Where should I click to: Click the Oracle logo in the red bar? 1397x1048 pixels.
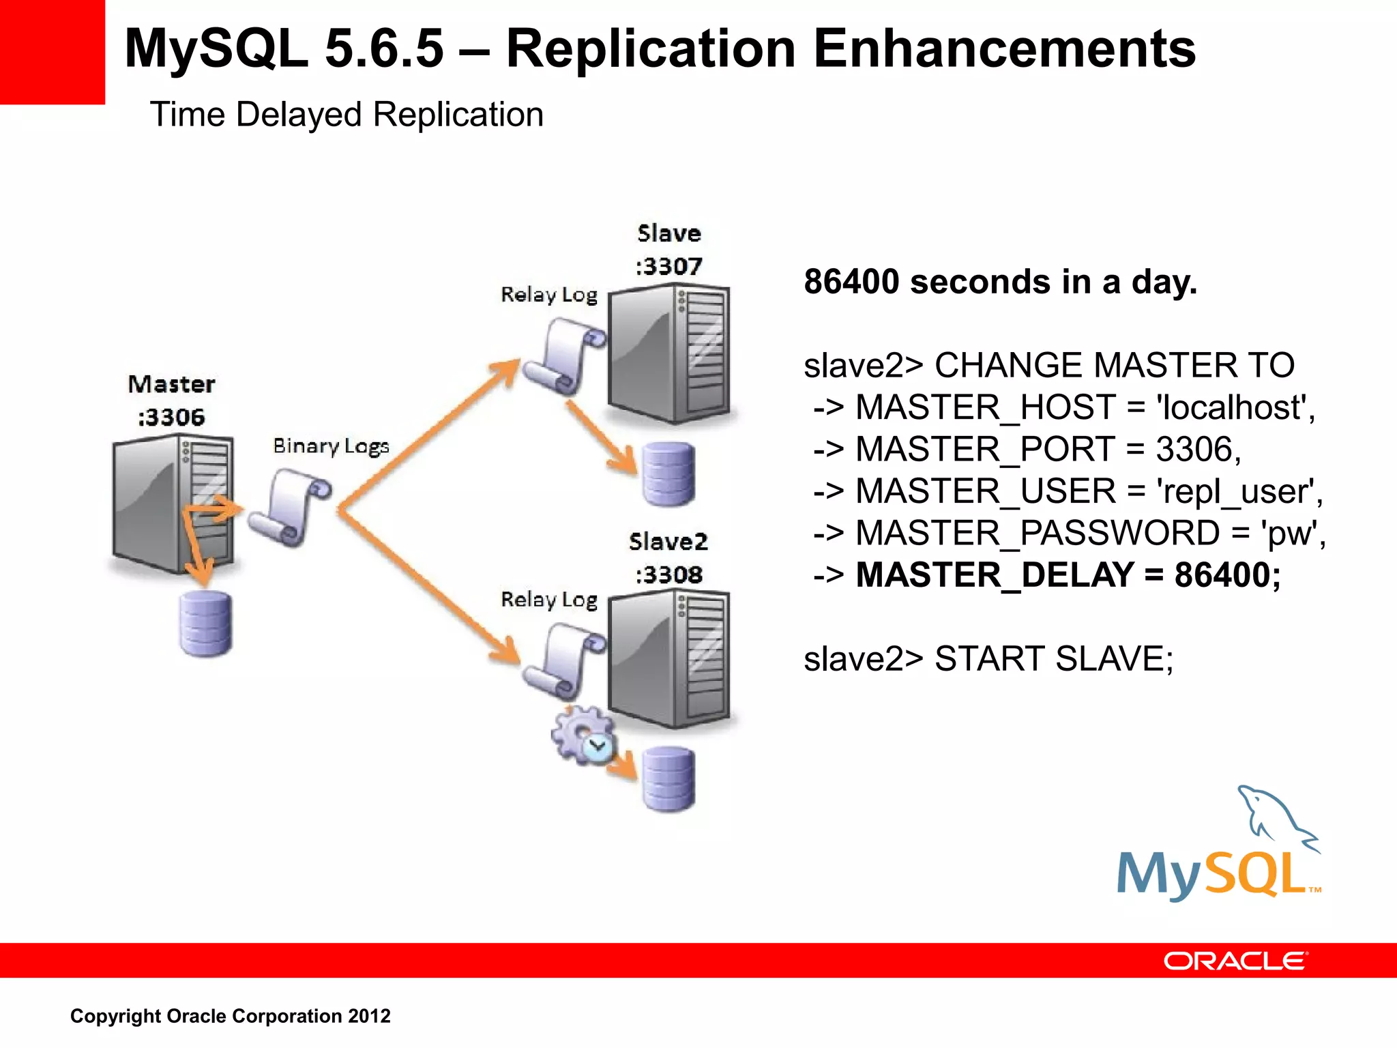pos(1235,961)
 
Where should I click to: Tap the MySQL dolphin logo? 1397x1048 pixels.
pos(1218,846)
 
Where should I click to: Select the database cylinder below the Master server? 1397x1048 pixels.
pos(205,624)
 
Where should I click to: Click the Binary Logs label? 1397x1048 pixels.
pos(331,446)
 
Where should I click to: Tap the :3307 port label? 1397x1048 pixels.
pos(668,266)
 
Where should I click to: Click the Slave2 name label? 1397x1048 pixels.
pos(668,542)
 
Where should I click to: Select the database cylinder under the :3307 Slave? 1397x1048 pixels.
pos(668,474)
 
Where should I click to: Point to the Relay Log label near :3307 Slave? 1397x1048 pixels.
pos(549,295)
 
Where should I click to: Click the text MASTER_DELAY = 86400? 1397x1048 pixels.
pos(1068,574)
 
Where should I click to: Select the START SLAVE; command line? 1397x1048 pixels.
pos(988,659)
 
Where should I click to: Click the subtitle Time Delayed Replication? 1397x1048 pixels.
pos(347,115)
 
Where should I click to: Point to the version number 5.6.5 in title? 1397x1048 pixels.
pos(384,49)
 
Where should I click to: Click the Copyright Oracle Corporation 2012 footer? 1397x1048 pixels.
pos(231,1016)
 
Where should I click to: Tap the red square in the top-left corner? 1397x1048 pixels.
pos(52,52)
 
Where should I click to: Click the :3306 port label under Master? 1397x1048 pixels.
pos(171,417)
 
